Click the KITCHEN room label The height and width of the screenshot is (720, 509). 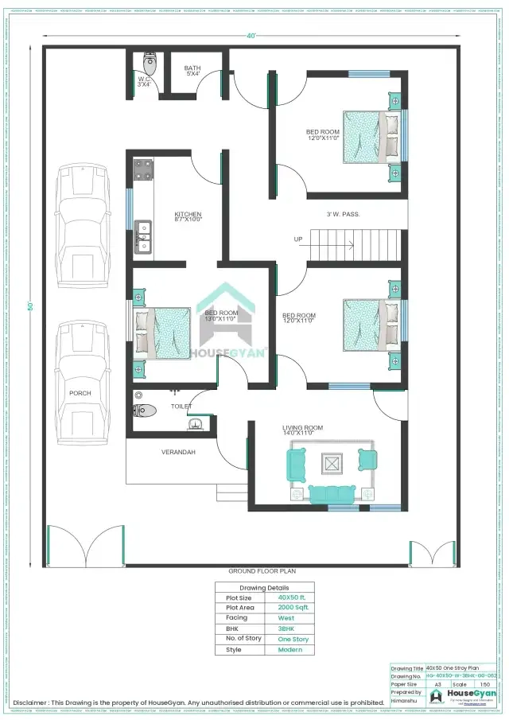pos(188,215)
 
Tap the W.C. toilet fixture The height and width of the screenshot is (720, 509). pos(149,63)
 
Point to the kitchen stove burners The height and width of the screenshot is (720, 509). pos(144,169)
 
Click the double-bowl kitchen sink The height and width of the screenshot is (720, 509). pos(143,235)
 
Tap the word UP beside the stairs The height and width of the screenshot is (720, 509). pos(298,239)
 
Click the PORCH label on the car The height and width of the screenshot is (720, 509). pos(80,393)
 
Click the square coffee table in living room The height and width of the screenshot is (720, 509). pos(331,461)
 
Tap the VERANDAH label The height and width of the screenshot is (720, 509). pos(179,452)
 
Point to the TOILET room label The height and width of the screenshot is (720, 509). pos(181,406)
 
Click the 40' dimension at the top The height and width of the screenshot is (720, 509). pos(251,36)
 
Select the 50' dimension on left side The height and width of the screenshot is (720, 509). pos(31,306)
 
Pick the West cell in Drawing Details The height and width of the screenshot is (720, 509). pos(286,617)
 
